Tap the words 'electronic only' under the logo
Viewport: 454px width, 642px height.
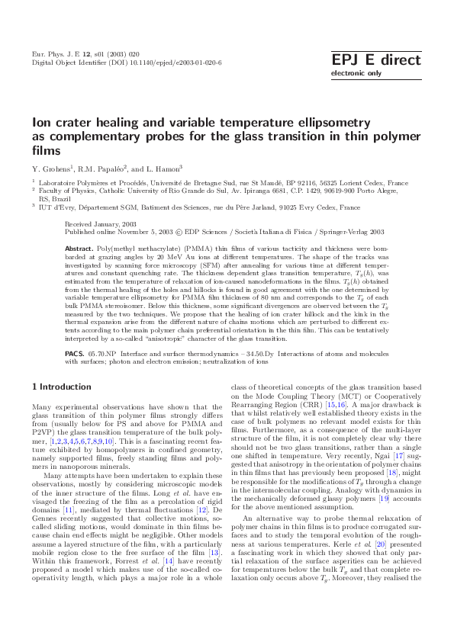(x=355, y=74)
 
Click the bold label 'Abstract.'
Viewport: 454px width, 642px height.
(x=79, y=249)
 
